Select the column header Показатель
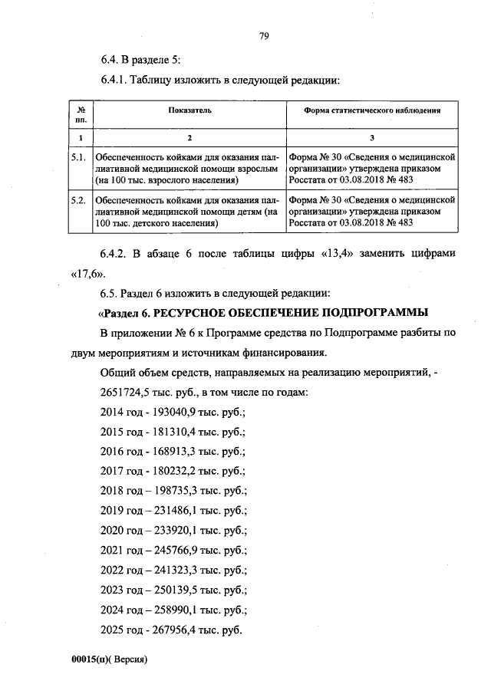pos(189,110)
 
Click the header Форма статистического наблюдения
pos(372,110)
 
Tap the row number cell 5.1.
pos(77,156)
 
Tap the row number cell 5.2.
pos(77,200)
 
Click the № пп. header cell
pos(80,115)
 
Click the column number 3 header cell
pos(371,136)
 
